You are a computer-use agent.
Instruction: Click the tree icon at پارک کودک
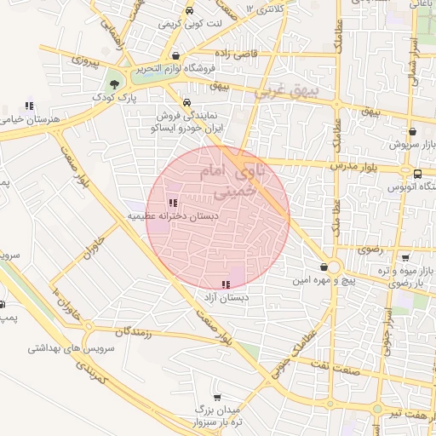click(x=114, y=83)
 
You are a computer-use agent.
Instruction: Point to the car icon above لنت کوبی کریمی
click(x=189, y=11)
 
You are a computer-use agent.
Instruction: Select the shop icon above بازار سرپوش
click(x=413, y=132)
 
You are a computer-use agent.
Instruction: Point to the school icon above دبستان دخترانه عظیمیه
click(x=173, y=203)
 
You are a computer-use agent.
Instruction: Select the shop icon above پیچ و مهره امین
click(x=323, y=267)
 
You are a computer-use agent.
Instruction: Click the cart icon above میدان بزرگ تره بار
click(x=217, y=398)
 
